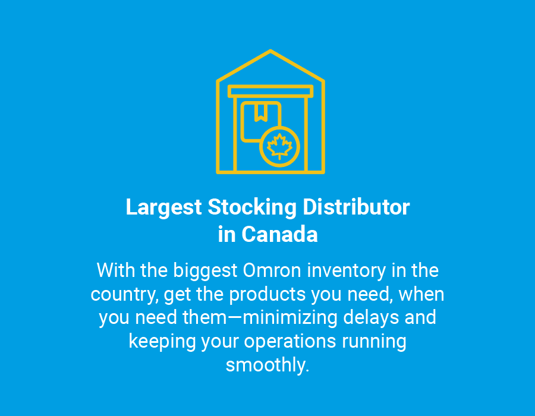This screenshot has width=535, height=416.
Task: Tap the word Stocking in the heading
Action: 252,207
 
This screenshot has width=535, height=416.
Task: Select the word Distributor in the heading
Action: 356,207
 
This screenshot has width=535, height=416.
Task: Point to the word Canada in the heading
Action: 279,235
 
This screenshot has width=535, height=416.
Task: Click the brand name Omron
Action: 272,270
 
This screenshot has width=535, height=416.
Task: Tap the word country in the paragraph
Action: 124,295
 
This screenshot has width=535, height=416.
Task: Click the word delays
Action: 371,318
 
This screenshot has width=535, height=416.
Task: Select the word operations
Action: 290,341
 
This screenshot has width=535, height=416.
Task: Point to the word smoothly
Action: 267,365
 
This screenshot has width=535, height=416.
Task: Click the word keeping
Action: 162,342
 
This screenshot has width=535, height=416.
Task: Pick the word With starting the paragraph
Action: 116,270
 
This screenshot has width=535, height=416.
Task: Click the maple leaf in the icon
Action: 279,146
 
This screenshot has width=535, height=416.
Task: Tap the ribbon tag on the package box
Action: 261,112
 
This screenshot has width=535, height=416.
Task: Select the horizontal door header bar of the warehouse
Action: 270,92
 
